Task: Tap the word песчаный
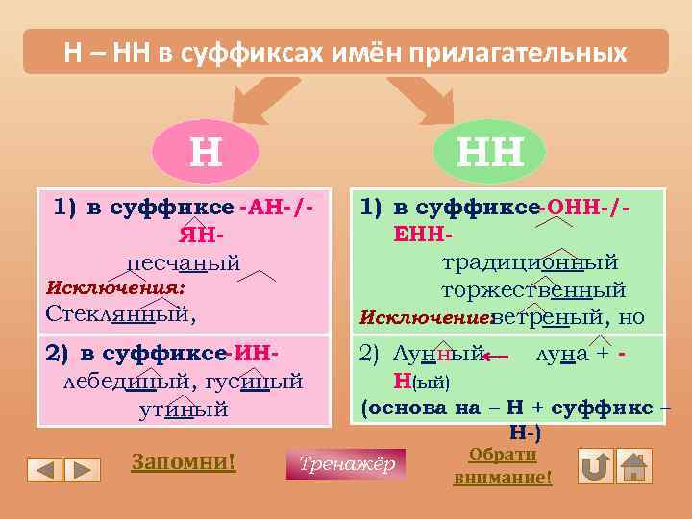pyautogui.click(x=183, y=262)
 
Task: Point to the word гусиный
pyautogui.click(x=253, y=382)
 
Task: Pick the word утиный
pyautogui.click(x=183, y=408)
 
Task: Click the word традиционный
pyautogui.click(x=530, y=262)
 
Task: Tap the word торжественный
pyautogui.click(x=532, y=289)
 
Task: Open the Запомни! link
pyautogui.click(x=183, y=461)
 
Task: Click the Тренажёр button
pyautogui.click(x=346, y=464)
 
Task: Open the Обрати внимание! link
pyautogui.click(x=503, y=465)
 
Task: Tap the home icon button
pyautogui.click(x=633, y=466)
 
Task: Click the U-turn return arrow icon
pyautogui.click(x=596, y=466)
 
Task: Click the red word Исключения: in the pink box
pyautogui.click(x=115, y=287)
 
